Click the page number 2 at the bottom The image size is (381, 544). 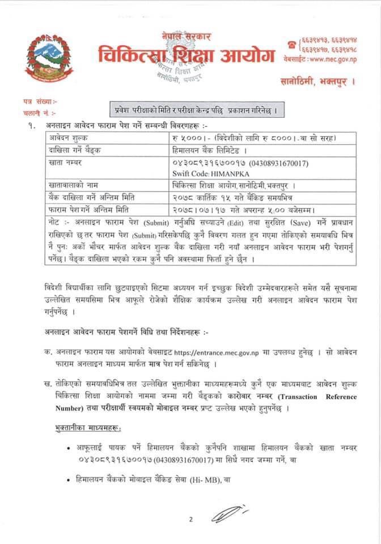[191, 519]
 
